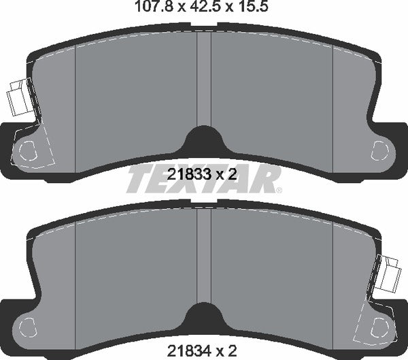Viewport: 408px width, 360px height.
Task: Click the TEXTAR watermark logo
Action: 204,180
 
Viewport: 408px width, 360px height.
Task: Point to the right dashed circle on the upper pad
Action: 381,148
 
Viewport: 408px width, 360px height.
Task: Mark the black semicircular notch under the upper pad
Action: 204,142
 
